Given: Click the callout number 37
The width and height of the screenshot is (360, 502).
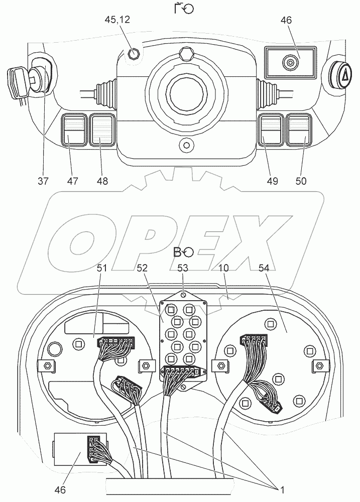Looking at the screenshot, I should [x=43, y=180].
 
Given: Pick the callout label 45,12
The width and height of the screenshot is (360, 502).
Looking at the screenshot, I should [x=117, y=20].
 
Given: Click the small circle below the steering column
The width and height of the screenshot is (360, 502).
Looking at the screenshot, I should [x=187, y=145].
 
